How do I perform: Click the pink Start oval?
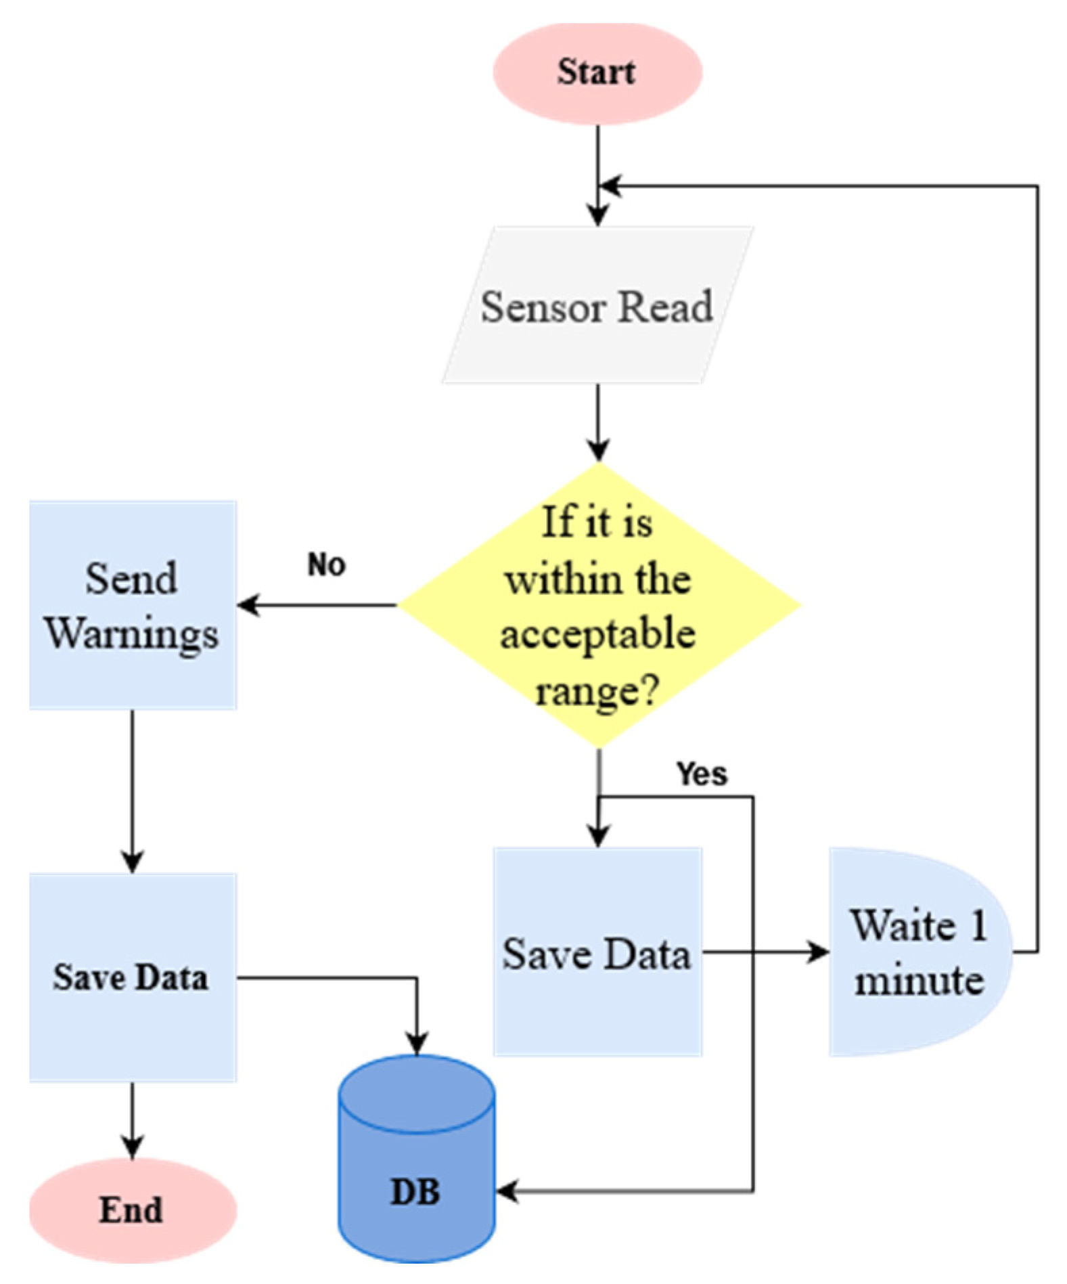pyautogui.click(x=597, y=72)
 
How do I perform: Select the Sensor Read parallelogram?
pyautogui.click(x=597, y=306)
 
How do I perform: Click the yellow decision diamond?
pyautogui.click(x=599, y=604)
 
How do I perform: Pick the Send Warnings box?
pyautogui.click(x=133, y=605)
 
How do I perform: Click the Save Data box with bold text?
pyautogui.click(x=133, y=977)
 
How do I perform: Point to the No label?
pyautogui.click(x=326, y=564)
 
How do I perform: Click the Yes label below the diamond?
pyautogui.click(x=702, y=774)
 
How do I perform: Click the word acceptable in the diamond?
pyautogui.click(x=597, y=634)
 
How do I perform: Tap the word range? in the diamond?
pyautogui.click(x=597, y=690)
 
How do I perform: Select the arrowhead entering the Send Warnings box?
pyautogui.click(x=248, y=604)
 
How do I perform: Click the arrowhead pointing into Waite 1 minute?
pyautogui.click(x=819, y=952)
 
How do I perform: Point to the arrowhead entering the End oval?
pyautogui.click(x=133, y=1148)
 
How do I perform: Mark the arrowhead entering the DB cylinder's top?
pyautogui.click(x=417, y=1043)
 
